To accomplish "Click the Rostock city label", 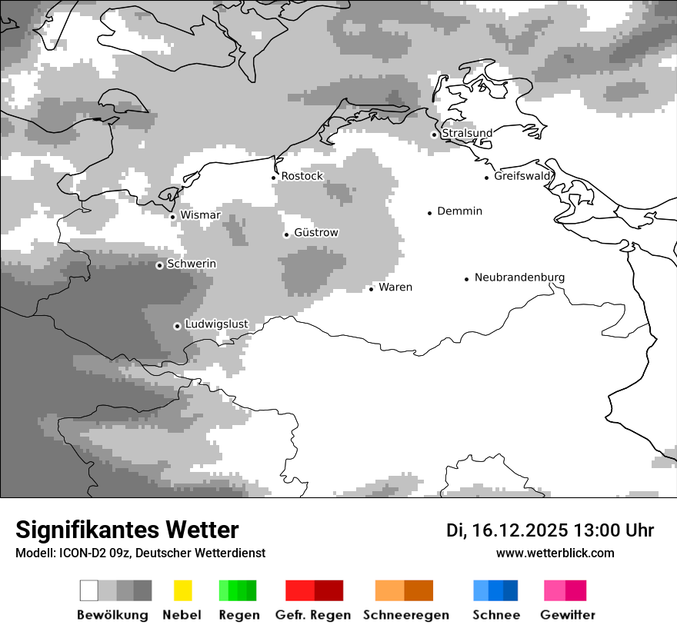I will pyautogui.click(x=302, y=176).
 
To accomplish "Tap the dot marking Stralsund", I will pyautogui.click(x=434, y=135).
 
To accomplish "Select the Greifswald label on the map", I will pyautogui.click(x=523, y=176).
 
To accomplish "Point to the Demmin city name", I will pyautogui.click(x=459, y=211).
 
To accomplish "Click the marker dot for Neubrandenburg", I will pyautogui.click(x=466, y=279).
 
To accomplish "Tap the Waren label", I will pyautogui.click(x=395, y=287).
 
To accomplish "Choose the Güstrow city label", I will pyautogui.click(x=315, y=232).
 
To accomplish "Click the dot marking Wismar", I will pyautogui.click(x=172, y=217).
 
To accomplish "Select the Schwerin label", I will pyautogui.click(x=192, y=264).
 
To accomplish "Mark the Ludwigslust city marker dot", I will pyautogui.click(x=177, y=326).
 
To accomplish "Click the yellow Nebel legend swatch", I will pyautogui.click(x=182, y=590).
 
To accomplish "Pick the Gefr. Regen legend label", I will pyautogui.click(x=313, y=615).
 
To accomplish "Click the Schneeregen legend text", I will pyautogui.click(x=406, y=615).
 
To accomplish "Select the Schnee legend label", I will pyautogui.click(x=496, y=615).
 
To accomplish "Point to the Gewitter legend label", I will pyautogui.click(x=568, y=615).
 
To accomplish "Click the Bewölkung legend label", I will pyautogui.click(x=112, y=615).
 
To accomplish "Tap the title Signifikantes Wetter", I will pyautogui.click(x=127, y=530).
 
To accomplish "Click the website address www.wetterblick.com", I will pyautogui.click(x=555, y=553).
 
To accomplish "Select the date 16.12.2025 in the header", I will pyautogui.click(x=521, y=530).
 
